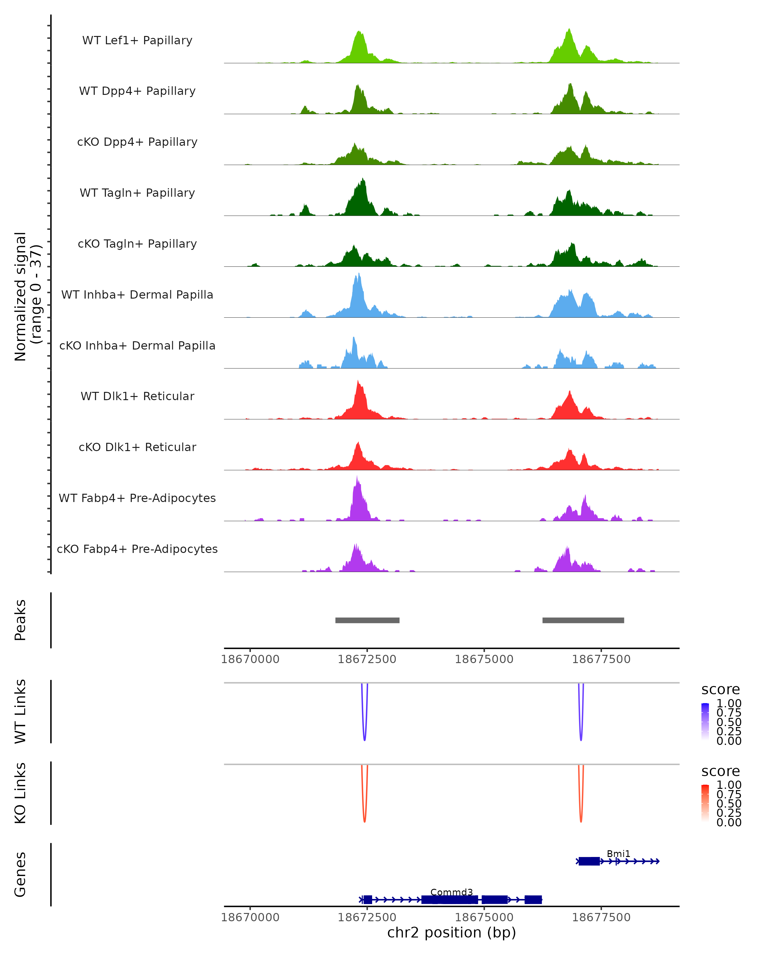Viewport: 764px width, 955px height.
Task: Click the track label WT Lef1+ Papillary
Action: pos(137,40)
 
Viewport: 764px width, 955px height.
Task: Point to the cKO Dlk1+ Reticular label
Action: pos(137,447)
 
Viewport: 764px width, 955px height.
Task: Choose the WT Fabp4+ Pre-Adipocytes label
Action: pos(137,498)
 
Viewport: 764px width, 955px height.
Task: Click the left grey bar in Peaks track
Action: pos(367,620)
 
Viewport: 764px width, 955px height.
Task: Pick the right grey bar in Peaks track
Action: pos(583,620)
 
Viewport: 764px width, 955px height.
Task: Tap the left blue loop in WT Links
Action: pos(364,726)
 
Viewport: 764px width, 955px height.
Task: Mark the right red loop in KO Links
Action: pos(581,808)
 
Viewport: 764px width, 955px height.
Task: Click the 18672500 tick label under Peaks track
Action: pos(367,659)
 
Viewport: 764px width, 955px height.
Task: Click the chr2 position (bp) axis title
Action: pos(451,932)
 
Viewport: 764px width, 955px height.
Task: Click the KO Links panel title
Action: pos(20,793)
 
